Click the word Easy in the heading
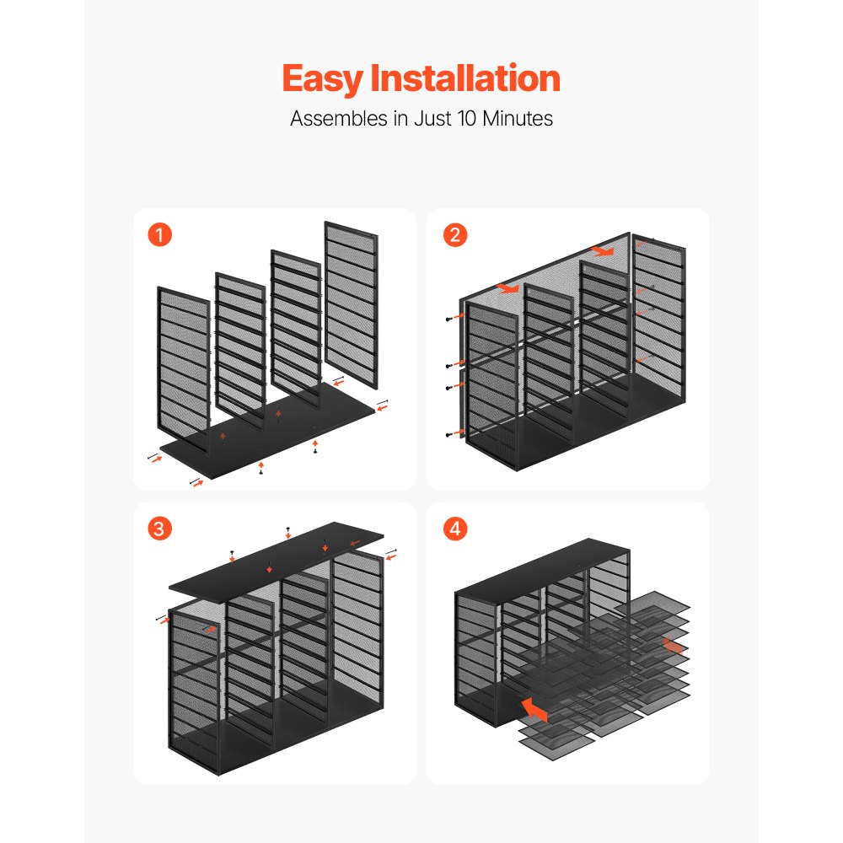[323, 79]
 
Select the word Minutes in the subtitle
[518, 118]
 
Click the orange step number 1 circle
[159, 235]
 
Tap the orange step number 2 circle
[455, 235]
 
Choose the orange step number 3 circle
[159, 529]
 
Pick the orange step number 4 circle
[455, 529]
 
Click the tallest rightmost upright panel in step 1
[351, 304]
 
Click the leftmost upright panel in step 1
[183, 369]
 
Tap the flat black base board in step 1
[267, 430]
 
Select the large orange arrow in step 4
[534, 708]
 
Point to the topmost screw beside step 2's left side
[449, 319]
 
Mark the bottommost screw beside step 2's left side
[449, 434]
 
